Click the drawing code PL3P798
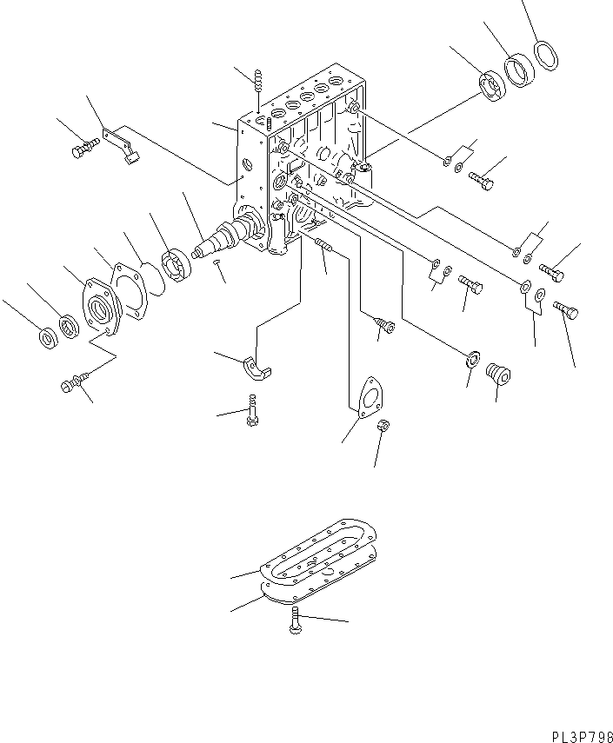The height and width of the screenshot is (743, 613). [582, 735]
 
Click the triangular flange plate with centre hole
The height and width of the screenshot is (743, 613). [371, 396]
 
